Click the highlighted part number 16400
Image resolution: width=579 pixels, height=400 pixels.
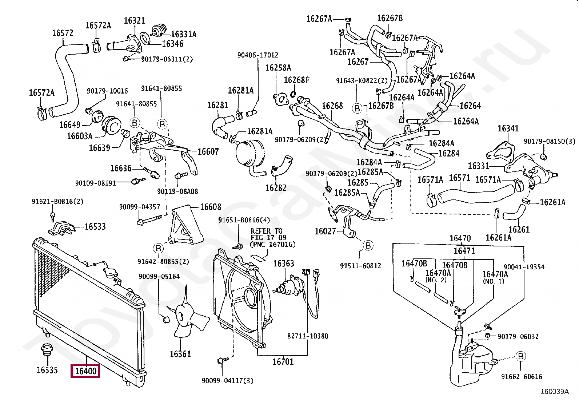pos(85,371)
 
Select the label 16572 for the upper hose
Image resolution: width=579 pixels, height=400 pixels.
pos(63,33)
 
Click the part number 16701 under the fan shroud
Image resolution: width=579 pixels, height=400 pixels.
pos(283,361)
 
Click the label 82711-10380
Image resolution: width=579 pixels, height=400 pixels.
pos(308,336)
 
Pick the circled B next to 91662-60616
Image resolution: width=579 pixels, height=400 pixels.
pos(521,356)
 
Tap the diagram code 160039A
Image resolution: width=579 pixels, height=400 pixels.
pos(555,392)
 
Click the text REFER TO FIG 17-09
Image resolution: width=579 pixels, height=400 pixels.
pos(268,234)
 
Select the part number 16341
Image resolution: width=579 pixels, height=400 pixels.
pos(508,128)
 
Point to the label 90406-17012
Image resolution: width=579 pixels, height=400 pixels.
pos(258,55)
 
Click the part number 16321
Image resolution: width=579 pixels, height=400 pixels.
pos(134,21)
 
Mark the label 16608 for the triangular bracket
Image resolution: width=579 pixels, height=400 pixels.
pos(211,207)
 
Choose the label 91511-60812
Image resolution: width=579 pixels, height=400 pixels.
pos(360,266)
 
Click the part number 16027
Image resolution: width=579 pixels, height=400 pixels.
pos(325,231)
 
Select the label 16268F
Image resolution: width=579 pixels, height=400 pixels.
pos(296,80)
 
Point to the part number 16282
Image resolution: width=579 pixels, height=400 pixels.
pos(276,188)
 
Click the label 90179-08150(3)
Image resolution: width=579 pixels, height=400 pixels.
pos(550,142)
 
